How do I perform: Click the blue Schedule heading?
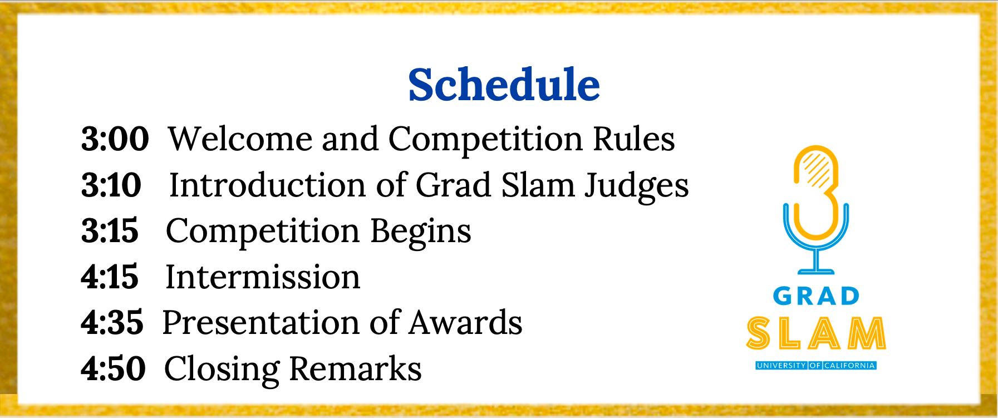click(504, 85)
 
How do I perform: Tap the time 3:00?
click(115, 139)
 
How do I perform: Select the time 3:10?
click(111, 185)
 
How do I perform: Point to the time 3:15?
click(110, 230)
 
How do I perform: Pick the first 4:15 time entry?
click(110, 277)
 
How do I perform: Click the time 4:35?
click(112, 323)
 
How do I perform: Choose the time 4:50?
click(113, 368)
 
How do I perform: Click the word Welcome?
click(240, 139)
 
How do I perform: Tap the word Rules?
click(633, 139)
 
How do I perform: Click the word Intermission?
click(263, 277)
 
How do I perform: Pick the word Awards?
click(465, 323)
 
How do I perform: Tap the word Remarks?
click(355, 368)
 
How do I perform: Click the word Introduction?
click(268, 185)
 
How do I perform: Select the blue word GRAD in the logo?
click(816, 296)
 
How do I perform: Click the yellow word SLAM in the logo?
click(816, 333)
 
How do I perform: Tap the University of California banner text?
click(816, 366)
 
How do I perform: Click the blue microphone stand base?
click(816, 272)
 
